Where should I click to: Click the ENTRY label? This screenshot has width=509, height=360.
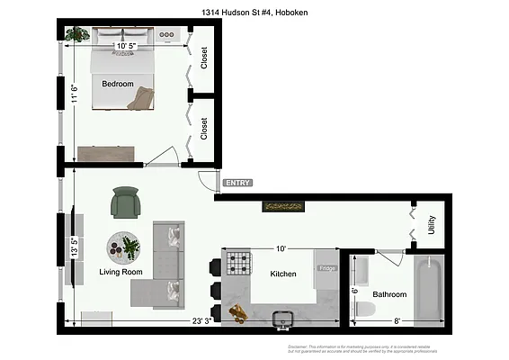(238, 183)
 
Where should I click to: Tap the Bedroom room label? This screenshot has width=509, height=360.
(117, 85)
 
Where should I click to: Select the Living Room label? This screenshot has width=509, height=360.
(121, 272)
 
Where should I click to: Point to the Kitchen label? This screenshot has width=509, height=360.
(283, 274)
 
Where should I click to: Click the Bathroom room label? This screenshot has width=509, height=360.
(389, 294)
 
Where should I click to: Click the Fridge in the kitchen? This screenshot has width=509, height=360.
(326, 268)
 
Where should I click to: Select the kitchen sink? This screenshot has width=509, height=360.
(282, 317)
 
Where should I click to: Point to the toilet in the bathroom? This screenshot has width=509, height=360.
(364, 310)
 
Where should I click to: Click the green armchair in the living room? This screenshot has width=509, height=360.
(126, 202)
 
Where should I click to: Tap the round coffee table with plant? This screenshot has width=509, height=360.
(124, 246)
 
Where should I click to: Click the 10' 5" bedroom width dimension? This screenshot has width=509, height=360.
(126, 46)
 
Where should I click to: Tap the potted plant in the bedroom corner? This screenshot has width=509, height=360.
(78, 34)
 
